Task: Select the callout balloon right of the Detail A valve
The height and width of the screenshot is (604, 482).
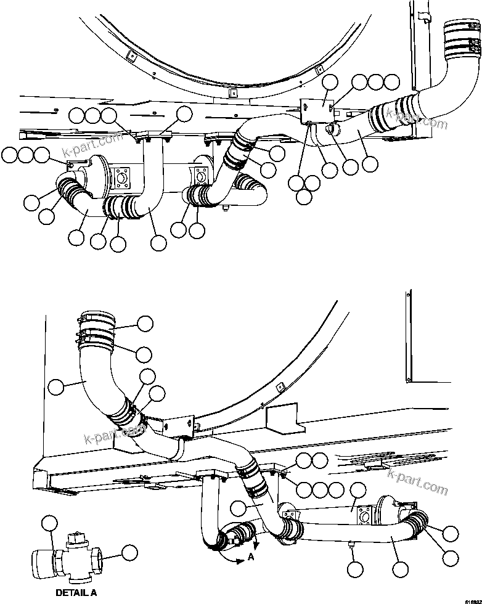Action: click(x=129, y=552)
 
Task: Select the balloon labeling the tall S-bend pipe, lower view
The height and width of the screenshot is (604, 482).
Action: click(x=55, y=387)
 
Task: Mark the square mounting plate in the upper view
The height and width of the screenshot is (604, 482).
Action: click(x=317, y=107)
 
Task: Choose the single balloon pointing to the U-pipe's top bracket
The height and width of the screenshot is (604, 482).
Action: click(x=184, y=113)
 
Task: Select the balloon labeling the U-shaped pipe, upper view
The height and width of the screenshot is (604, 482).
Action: click(x=158, y=243)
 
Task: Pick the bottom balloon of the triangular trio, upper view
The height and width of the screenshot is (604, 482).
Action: click(x=304, y=197)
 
